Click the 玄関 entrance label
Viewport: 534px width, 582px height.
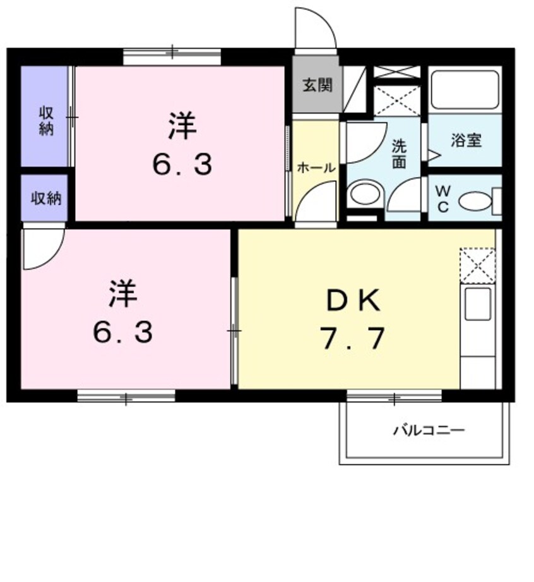point(317,85)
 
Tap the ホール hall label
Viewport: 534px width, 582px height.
point(316,168)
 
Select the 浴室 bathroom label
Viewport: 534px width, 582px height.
point(466,141)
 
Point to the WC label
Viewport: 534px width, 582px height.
point(443,199)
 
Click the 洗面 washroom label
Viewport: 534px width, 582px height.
point(399,154)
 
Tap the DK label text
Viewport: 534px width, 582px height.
point(353,300)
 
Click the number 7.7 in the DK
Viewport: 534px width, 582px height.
point(353,338)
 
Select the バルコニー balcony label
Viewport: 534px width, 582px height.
point(429,430)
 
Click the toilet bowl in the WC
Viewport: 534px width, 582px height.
point(475,201)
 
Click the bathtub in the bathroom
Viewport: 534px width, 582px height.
point(465,89)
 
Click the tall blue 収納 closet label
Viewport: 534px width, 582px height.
point(46,120)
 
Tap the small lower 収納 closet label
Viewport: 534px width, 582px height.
point(46,198)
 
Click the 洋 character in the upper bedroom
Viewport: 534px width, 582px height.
point(182,126)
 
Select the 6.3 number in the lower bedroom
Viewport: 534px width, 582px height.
point(122,332)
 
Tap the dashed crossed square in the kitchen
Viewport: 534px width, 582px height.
point(478,265)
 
